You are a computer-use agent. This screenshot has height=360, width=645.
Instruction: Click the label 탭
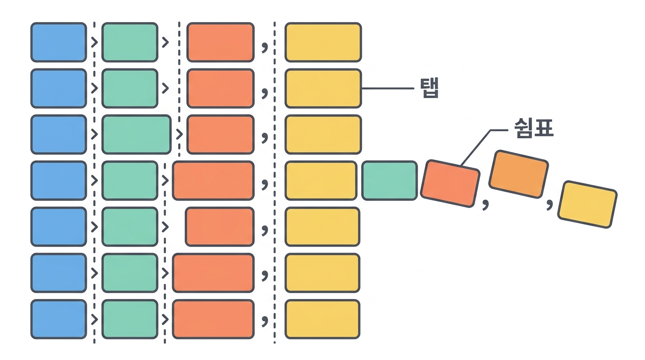[x=429, y=88]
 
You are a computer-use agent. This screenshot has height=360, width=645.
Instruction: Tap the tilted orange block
[x=518, y=174]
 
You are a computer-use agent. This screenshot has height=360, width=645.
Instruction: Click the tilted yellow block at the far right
[x=587, y=204]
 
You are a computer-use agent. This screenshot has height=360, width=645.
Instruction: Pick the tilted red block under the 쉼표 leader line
[x=450, y=183]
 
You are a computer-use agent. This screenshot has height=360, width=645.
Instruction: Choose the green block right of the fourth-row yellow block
[x=390, y=180]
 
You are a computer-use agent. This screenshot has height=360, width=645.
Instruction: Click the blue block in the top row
[x=59, y=42]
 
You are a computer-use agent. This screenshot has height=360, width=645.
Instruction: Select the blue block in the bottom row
[x=59, y=319]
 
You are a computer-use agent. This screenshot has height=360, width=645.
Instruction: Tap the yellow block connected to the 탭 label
[x=323, y=89]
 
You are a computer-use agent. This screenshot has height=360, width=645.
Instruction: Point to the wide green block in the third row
[x=136, y=135]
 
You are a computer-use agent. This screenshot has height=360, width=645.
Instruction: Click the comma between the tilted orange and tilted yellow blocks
[x=550, y=204]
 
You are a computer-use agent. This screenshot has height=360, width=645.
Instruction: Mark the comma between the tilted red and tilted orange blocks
[x=486, y=204]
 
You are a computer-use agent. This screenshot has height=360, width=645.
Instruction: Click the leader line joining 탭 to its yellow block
[x=388, y=89]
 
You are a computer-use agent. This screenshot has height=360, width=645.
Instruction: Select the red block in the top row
[x=221, y=42]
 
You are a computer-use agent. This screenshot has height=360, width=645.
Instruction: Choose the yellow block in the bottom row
[x=322, y=319]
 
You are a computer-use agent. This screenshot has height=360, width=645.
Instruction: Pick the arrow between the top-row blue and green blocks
[x=94, y=43]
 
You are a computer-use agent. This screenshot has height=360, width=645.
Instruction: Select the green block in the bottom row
[x=130, y=319]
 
